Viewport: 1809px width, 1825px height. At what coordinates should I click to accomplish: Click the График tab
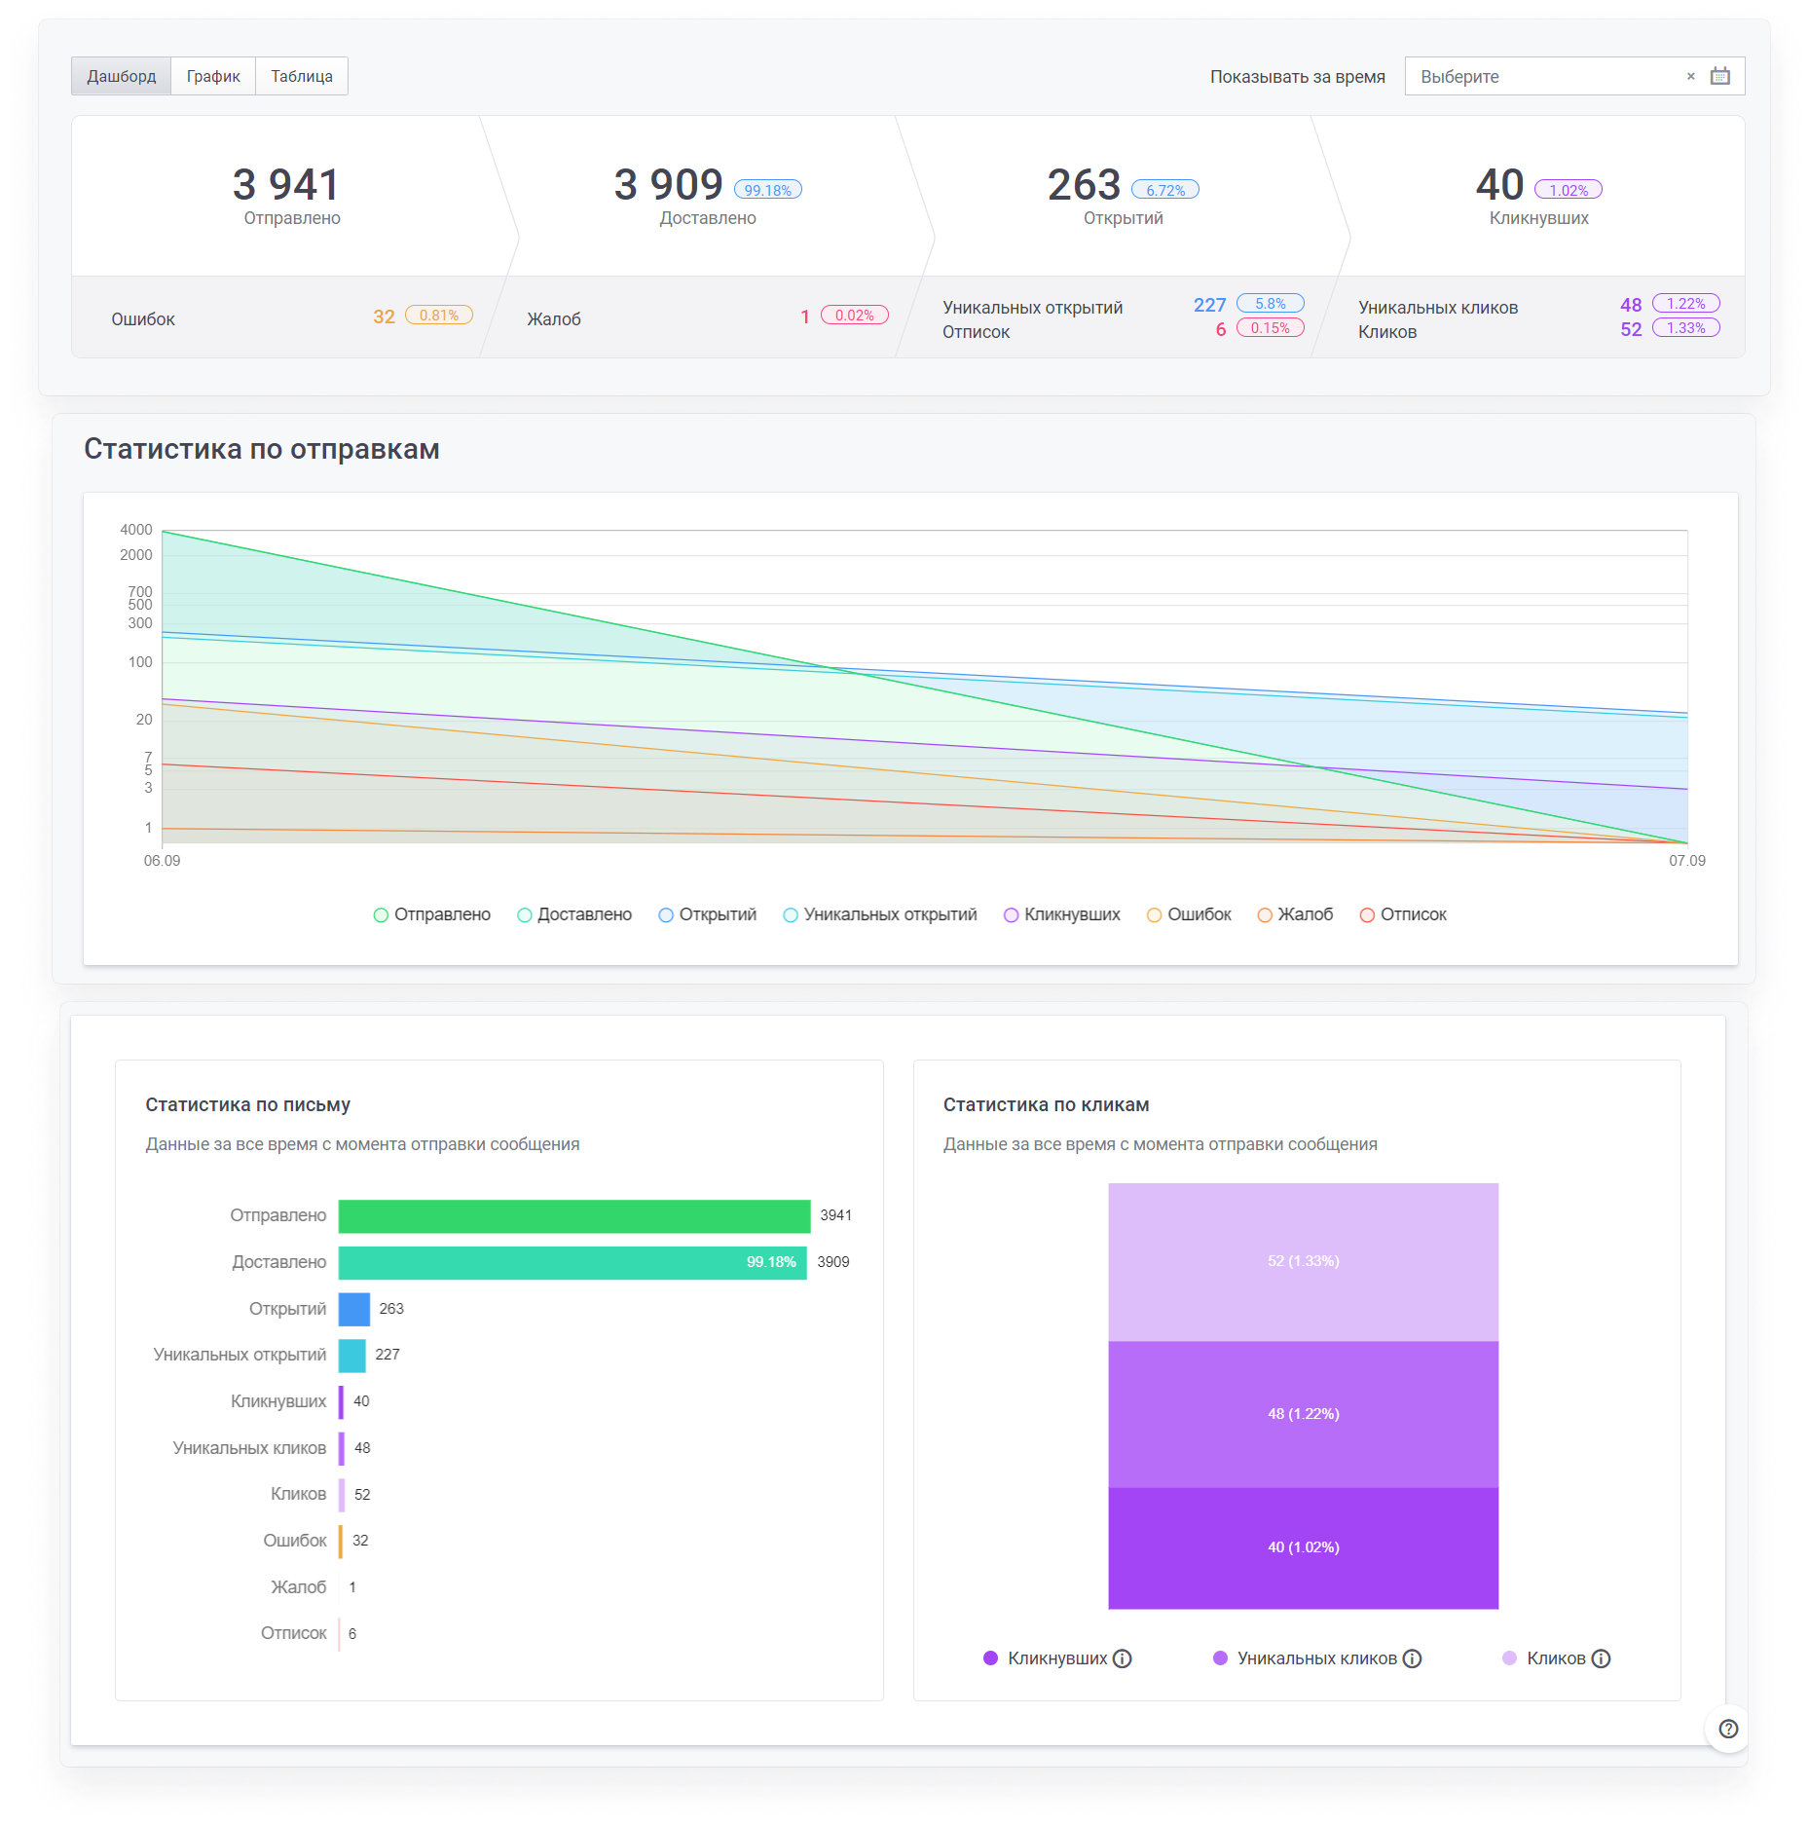pyautogui.click(x=213, y=76)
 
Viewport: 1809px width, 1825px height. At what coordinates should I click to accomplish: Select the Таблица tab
pyautogui.click(x=302, y=76)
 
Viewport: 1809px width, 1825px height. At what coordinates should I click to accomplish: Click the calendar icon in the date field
pyautogui.click(x=1720, y=76)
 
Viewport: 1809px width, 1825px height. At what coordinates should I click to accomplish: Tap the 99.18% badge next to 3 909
pyautogui.click(x=768, y=190)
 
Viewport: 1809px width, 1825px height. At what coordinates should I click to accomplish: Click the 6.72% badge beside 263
pyautogui.click(x=1165, y=190)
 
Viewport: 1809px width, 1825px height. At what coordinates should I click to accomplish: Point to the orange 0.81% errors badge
pyautogui.click(x=439, y=316)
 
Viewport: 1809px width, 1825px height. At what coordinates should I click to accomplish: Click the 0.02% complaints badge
pyautogui.click(x=855, y=316)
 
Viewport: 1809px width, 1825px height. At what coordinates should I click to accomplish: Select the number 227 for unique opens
pyautogui.click(x=1209, y=305)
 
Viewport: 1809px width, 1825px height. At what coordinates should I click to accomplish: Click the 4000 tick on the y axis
pyautogui.click(x=136, y=530)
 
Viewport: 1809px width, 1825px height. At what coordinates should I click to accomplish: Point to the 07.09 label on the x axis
pyautogui.click(x=1687, y=861)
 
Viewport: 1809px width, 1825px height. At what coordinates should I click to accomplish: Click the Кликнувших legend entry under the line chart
pyautogui.click(x=1062, y=914)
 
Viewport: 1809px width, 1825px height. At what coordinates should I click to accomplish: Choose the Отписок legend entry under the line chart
pyautogui.click(x=1403, y=914)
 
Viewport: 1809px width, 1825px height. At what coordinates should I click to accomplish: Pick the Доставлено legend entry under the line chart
pyautogui.click(x=574, y=914)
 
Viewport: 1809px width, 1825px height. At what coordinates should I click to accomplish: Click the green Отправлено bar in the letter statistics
pyautogui.click(x=574, y=1216)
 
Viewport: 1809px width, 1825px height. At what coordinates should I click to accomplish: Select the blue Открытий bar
pyautogui.click(x=354, y=1309)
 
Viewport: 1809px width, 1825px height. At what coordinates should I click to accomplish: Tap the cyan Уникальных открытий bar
pyautogui.click(x=352, y=1356)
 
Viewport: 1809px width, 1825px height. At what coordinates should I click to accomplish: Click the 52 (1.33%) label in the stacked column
pyautogui.click(x=1304, y=1261)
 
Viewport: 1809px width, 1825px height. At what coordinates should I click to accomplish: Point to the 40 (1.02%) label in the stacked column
pyautogui.click(x=1304, y=1547)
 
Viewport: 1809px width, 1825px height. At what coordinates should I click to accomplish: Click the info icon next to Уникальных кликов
pyautogui.click(x=1413, y=1658)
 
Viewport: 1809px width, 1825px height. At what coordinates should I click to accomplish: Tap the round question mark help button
pyautogui.click(x=1728, y=1729)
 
